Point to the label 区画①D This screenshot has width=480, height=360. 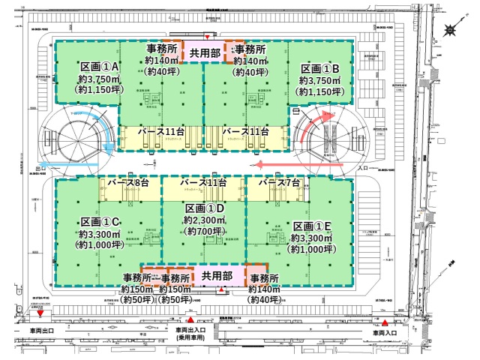point(205,208)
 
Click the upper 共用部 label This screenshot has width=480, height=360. point(205,53)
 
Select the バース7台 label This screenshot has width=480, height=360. point(278,182)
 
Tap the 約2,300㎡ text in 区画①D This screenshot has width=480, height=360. point(204,220)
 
